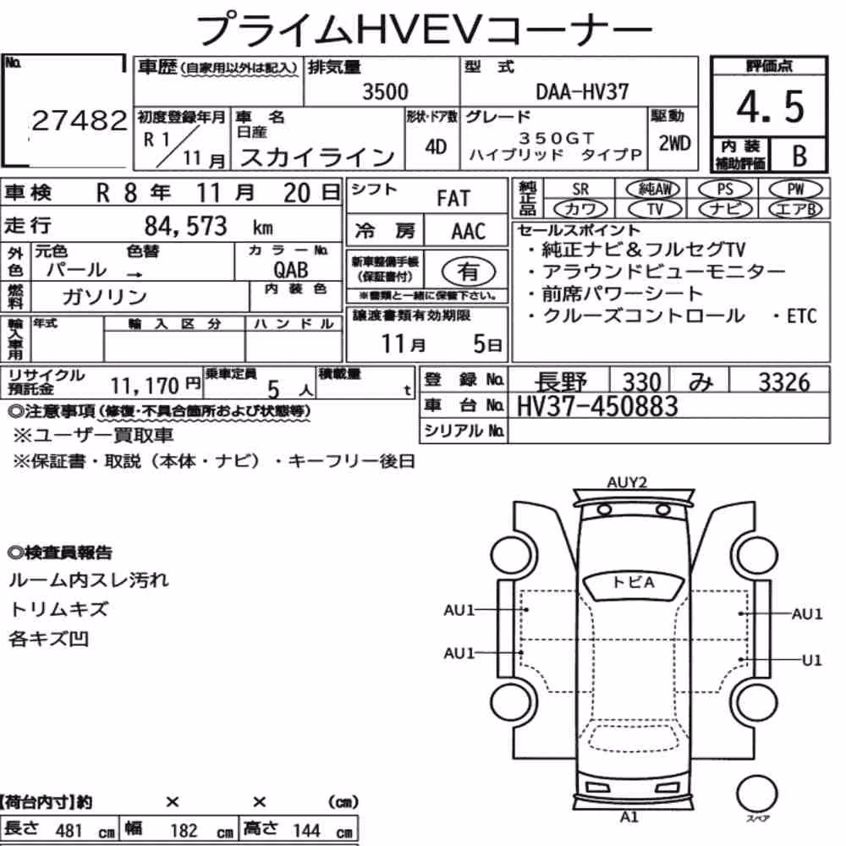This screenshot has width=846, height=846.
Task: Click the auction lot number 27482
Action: point(80,120)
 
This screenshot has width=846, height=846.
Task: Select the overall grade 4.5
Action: point(770,107)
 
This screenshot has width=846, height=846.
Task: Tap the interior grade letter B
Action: point(799,156)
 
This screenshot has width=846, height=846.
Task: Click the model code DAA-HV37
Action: point(582,91)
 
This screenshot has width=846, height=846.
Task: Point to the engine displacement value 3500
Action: point(385,91)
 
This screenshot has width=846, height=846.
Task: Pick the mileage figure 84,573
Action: point(185,226)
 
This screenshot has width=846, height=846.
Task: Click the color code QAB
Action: point(290,269)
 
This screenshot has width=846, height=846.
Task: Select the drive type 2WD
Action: point(674,143)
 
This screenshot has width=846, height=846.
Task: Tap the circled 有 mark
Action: point(469,272)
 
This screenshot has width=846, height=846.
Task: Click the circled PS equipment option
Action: point(725,190)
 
